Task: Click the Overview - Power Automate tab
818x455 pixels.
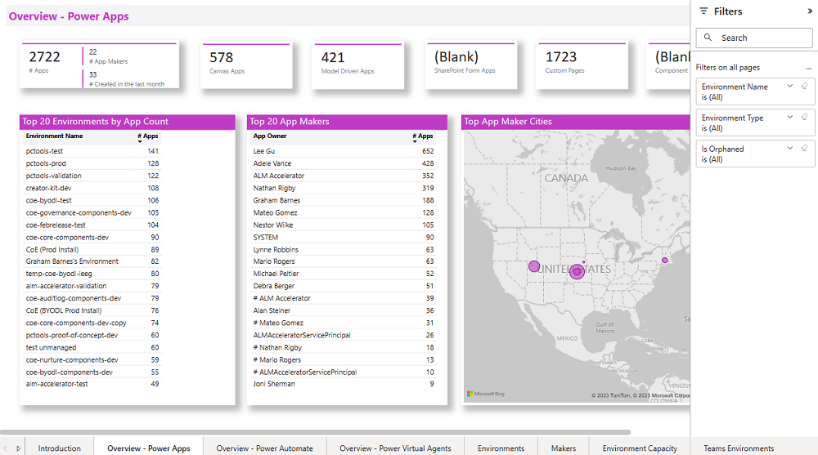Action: (264, 448)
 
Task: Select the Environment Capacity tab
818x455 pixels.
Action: (640, 448)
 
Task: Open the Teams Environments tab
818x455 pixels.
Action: (738, 448)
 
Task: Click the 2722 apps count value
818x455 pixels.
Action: (45, 57)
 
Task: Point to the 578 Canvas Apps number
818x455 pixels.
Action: (222, 57)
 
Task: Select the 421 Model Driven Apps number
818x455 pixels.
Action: (333, 57)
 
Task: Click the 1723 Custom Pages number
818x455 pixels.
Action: (561, 57)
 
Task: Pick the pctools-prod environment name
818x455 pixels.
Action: (47, 163)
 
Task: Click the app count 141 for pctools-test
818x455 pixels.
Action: (153, 151)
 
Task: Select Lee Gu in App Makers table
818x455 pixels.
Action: (264, 151)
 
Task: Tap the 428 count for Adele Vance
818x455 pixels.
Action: (428, 163)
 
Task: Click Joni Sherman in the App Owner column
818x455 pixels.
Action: (275, 384)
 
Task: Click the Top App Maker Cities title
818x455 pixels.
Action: (508, 122)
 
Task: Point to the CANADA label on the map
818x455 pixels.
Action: (566, 178)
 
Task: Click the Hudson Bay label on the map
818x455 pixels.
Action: (620, 168)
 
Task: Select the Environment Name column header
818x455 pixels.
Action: (54, 136)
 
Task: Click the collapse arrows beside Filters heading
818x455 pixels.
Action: (810, 11)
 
